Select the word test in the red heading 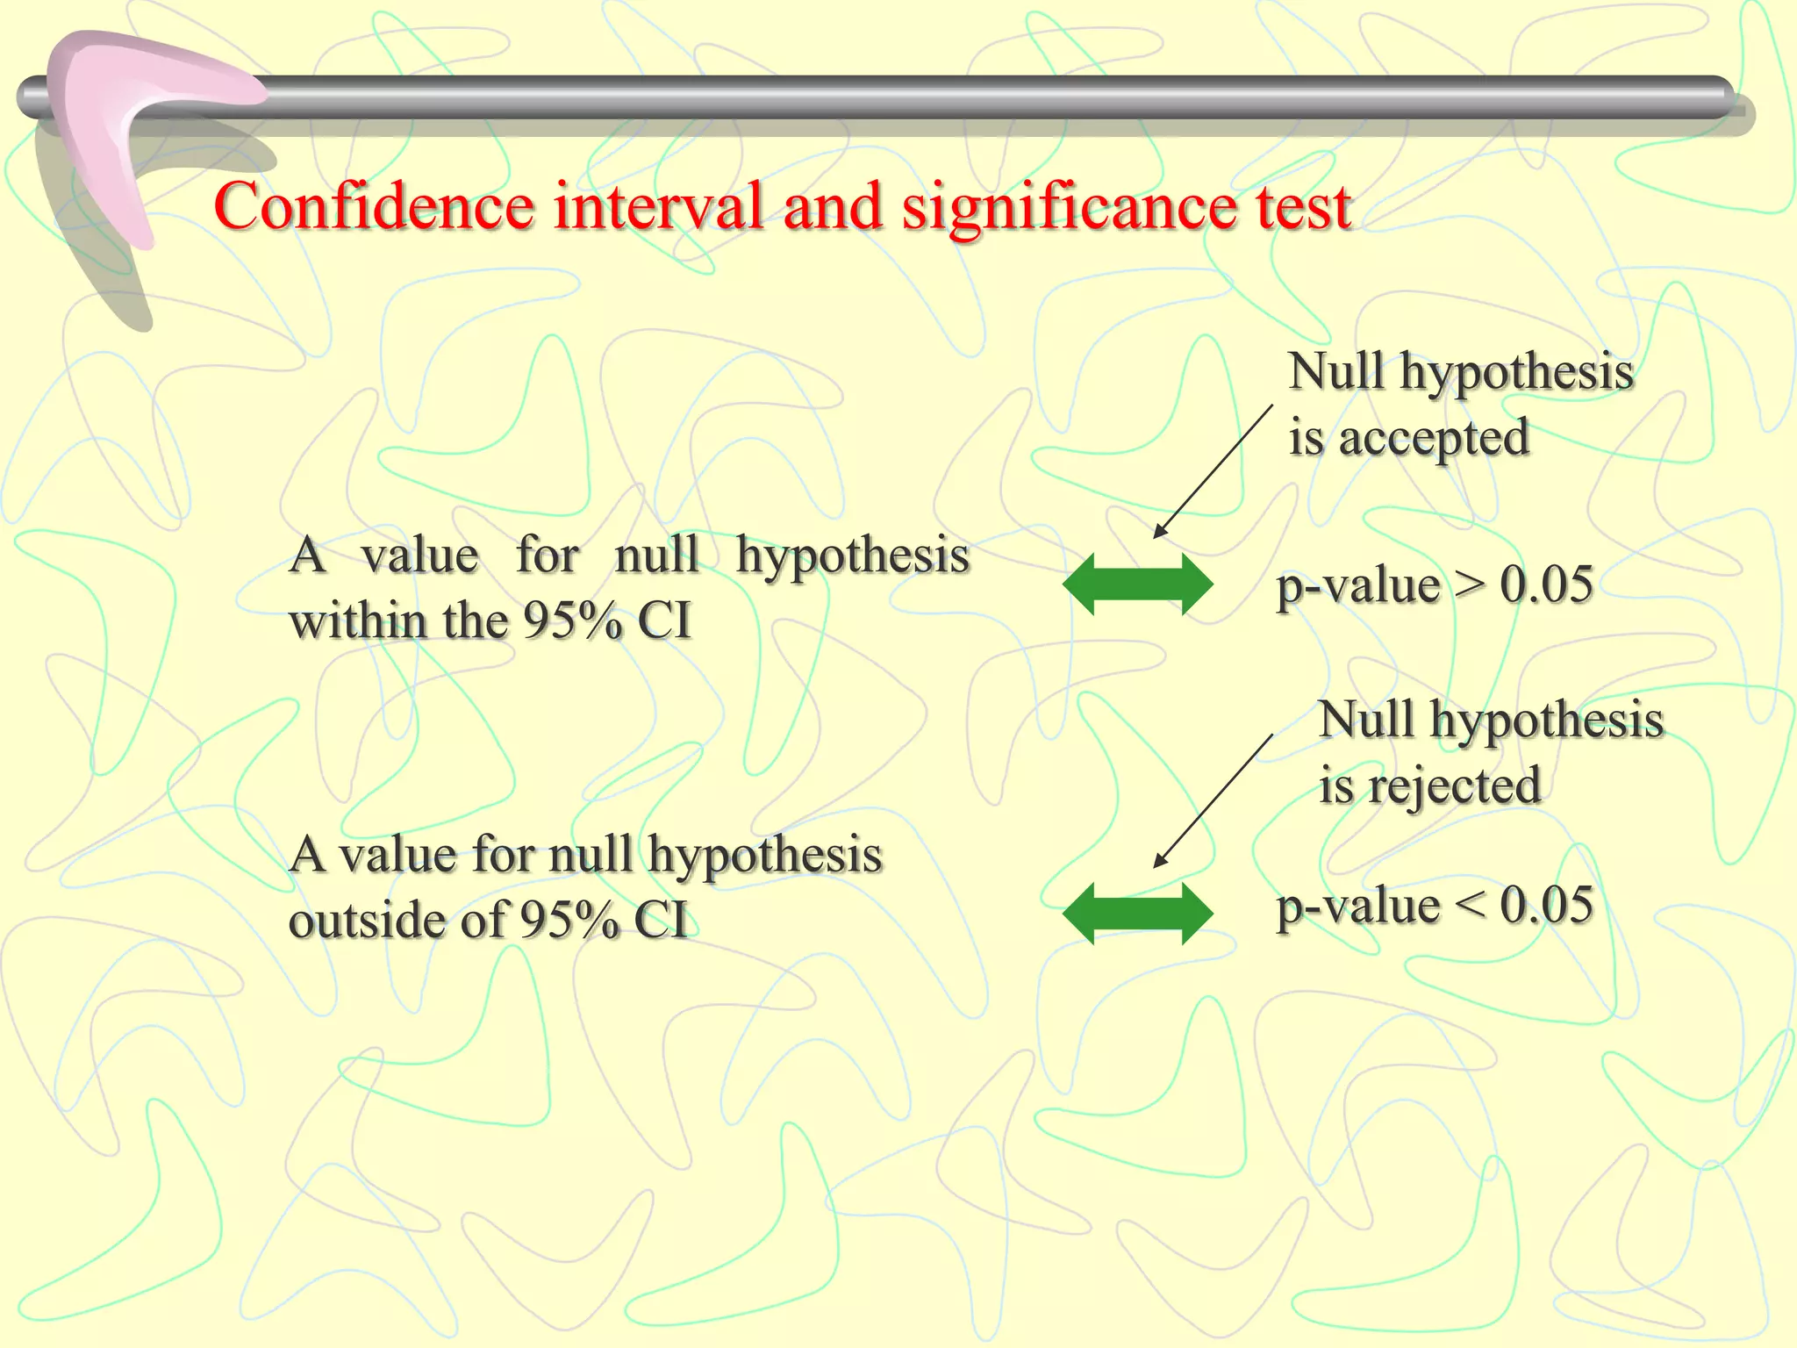(x=1303, y=207)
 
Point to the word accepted (x=1434, y=437)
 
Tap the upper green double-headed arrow (x=1137, y=584)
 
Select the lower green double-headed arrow (x=1137, y=914)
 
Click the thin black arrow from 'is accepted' (x=1213, y=471)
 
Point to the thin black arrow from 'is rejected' (x=1213, y=801)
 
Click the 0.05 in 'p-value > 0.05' (x=1546, y=584)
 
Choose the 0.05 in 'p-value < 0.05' (x=1546, y=905)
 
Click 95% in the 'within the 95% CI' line (x=572, y=621)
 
